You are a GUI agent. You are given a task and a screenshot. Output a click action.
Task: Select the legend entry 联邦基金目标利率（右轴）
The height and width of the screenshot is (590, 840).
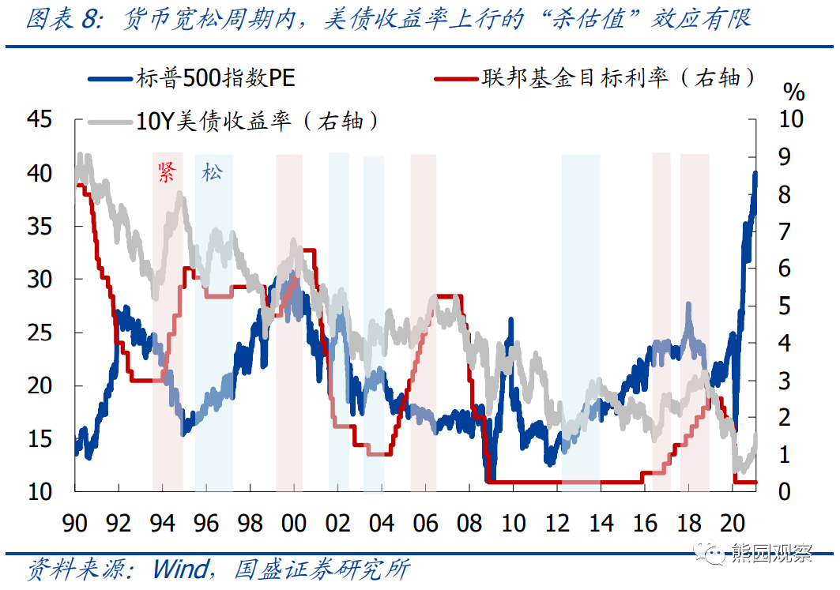point(617,77)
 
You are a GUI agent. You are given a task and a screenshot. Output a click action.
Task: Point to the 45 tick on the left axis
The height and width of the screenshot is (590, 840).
point(39,119)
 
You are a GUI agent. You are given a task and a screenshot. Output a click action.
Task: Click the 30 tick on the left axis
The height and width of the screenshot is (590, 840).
point(39,279)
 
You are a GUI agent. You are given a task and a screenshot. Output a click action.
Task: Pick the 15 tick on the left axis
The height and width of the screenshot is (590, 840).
point(39,438)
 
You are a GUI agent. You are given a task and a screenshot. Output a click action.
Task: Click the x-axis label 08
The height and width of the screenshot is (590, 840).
point(469,524)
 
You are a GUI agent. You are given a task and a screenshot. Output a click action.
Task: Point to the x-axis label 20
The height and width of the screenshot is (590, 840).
point(732,524)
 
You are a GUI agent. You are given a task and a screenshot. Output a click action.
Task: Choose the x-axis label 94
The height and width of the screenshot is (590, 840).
point(162,524)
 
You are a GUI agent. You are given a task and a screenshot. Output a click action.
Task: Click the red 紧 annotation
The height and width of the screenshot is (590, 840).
point(166,173)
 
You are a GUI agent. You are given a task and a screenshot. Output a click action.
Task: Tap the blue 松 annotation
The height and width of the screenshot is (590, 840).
point(212,173)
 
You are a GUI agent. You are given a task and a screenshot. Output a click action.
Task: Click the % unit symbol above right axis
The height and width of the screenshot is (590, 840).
point(794,92)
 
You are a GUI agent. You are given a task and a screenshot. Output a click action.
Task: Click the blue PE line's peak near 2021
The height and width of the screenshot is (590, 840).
point(755,174)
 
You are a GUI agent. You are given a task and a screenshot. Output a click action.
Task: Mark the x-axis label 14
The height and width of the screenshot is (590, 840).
point(601,524)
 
